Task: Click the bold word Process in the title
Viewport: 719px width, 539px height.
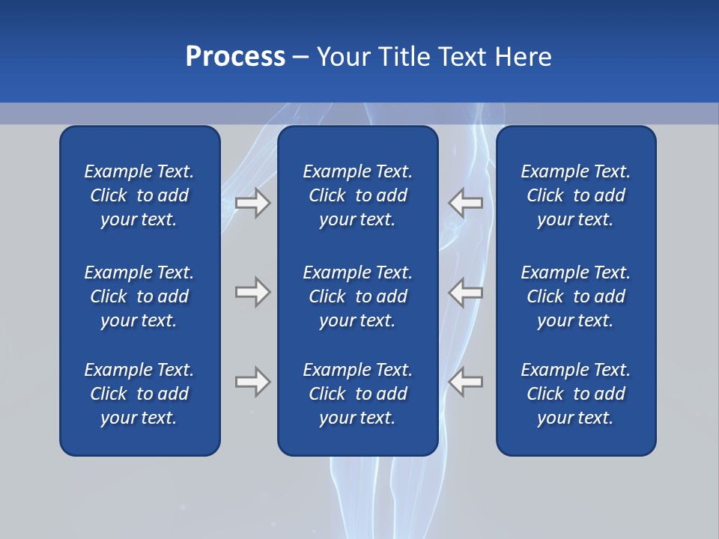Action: (x=235, y=57)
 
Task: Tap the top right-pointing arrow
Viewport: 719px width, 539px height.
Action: (x=252, y=203)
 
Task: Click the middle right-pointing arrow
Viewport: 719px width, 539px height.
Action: (x=252, y=292)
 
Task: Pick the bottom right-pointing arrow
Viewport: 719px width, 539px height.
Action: (x=252, y=382)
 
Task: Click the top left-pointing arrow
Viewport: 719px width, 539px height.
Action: (x=466, y=203)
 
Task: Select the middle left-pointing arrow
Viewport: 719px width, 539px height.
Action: (x=466, y=292)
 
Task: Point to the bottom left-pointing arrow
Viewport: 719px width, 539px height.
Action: (x=466, y=382)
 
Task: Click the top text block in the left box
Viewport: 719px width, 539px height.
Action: (x=139, y=195)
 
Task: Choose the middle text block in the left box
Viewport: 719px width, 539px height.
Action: (x=139, y=296)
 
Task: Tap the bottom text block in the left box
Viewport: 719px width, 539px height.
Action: (x=139, y=394)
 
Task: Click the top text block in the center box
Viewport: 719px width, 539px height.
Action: (x=357, y=195)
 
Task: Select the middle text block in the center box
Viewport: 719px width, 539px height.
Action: (x=357, y=296)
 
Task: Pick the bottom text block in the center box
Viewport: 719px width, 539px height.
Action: (x=357, y=394)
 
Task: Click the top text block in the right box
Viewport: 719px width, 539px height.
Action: (x=575, y=195)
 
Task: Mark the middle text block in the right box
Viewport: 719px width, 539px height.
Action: (x=575, y=296)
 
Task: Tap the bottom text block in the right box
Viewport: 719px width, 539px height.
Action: (x=575, y=394)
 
